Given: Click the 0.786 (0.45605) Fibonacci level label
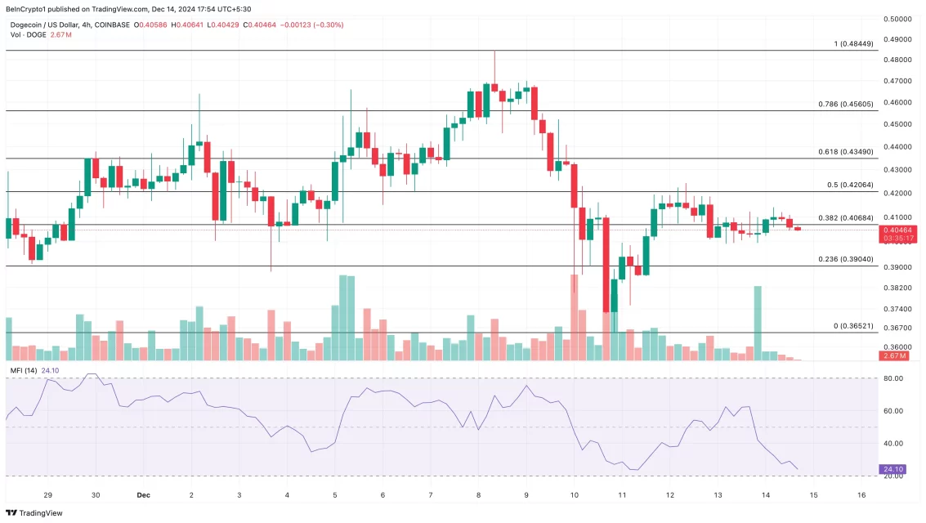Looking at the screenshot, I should tap(846, 105).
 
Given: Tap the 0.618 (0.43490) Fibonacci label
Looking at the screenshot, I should tap(846, 152).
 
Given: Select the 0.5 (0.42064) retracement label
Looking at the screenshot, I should tap(851, 185).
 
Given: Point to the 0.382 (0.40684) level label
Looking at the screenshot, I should tap(846, 217).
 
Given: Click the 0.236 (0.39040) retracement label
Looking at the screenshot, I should tap(846, 259).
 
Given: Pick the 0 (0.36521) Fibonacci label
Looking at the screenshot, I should tap(853, 326).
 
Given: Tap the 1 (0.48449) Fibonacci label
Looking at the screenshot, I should tap(853, 43).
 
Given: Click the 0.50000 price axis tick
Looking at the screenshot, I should tap(900, 19).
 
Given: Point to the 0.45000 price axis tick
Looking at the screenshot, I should tap(900, 124).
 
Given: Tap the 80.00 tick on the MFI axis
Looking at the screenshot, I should tap(892, 378).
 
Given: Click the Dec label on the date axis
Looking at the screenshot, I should tap(143, 495).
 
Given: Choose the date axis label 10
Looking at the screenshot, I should tap(575, 495).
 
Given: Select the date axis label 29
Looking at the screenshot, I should tap(47, 495).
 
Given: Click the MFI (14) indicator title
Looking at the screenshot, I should tap(23, 370).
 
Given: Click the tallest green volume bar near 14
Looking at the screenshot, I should tap(758, 323).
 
